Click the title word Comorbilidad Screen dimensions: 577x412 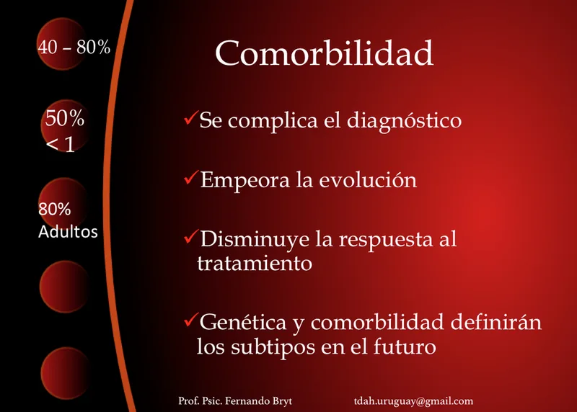pyautogui.click(x=324, y=53)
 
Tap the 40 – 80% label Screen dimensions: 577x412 pyautogui.click(x=74, y=47)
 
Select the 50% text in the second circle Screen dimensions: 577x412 pyautogui.click(x=65, y=118)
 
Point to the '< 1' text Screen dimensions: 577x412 pyautogui.click(x=61, y=144)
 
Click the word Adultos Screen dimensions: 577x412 pyautogui.click(x=68, y=231)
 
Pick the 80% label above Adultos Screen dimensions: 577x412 pyautogui.click(x=55, y=209)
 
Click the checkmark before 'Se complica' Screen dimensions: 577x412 pyautogui.click(x=191, y=117)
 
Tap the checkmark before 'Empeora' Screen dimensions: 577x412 pyautogui.click(x=191, y=177)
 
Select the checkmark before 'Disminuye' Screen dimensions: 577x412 pyautogui.click(x=191, y=237)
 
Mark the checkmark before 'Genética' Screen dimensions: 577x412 pyautogui.click(x=191, y=320)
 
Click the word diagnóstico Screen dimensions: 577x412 pyautogui.click(x=404, y=121)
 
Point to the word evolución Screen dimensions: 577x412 pyautogui.click(x=368, y=180)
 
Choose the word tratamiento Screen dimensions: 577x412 pyautogui.click(x=255, y=263)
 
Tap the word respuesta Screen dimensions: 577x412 pyautogui.click(x=386, y=241)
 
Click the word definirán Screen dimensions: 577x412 pyautogui.click(x=496, y=321)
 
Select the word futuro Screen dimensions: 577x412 pyautogui.click(x=405, y=346)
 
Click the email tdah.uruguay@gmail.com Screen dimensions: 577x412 pyautogui.click(x=413, y=401)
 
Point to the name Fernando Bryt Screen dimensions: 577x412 pyautogui.click(x=258, y=400)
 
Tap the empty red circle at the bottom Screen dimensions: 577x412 pyautogui.click(x=66, y=373)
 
